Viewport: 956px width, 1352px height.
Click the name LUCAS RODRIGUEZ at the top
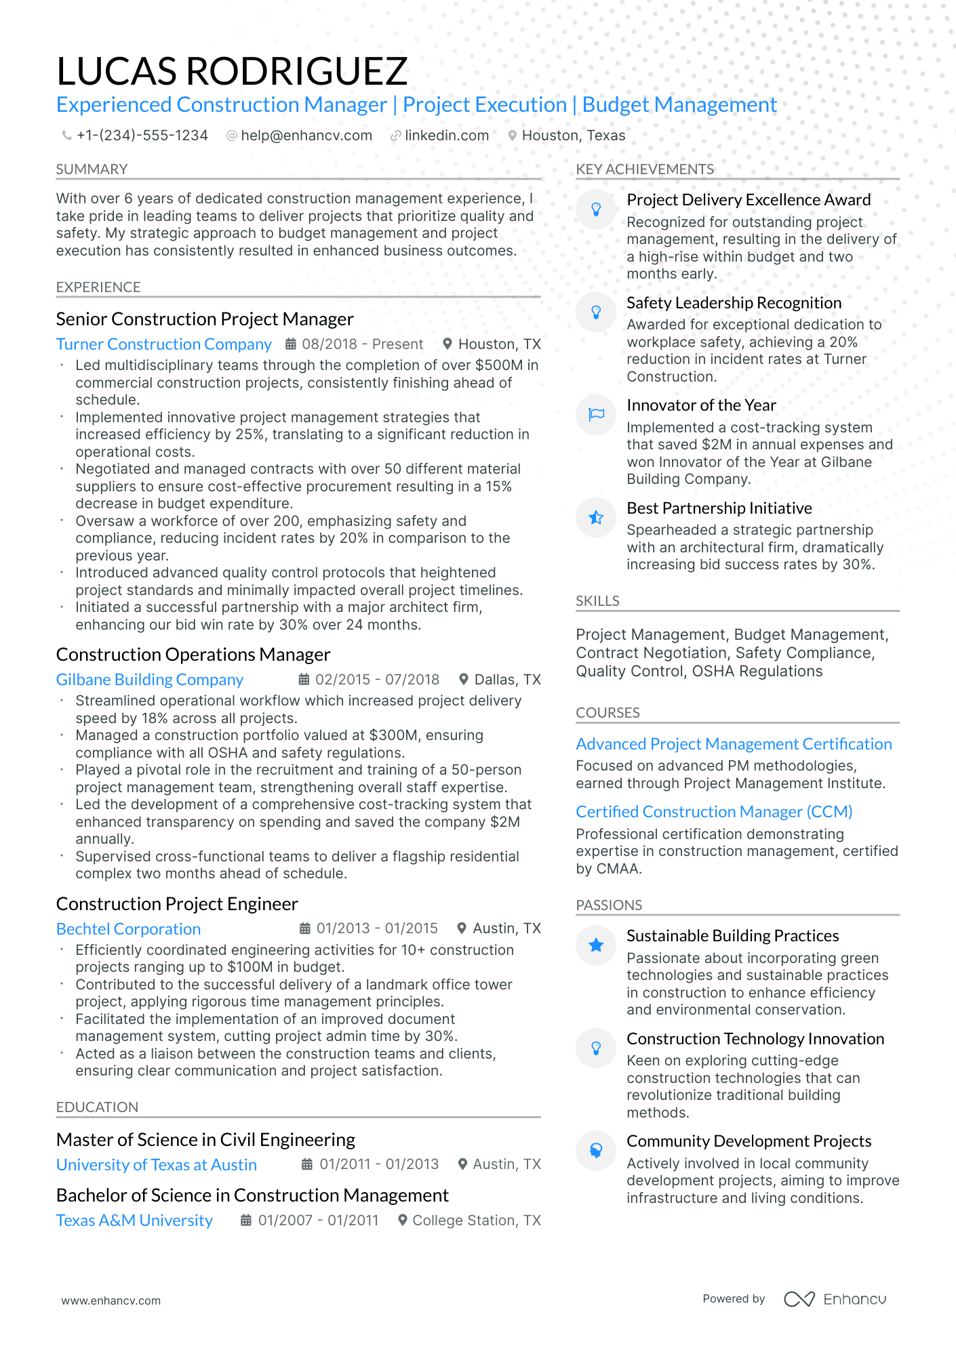pos(232,71)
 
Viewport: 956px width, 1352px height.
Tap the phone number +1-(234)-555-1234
pos(142,136)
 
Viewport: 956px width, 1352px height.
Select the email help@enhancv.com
pos(306,136)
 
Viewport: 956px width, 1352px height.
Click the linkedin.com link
pos(446,136)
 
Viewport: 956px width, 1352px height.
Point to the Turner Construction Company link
pos(163,344)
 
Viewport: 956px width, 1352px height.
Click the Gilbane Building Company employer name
pos(149,680)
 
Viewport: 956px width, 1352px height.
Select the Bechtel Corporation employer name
pos(128,929)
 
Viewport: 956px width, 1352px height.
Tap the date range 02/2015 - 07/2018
pos(377,680)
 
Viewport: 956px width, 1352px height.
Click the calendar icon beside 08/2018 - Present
pos(290,344)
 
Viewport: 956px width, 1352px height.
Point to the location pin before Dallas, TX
pos(464,680)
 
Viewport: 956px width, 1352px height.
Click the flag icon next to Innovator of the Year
pos(596,414)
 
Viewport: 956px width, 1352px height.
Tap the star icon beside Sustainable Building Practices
pos(596,945)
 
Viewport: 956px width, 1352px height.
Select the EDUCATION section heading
pos(97,1107)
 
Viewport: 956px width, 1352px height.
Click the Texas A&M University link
pos(134,1221)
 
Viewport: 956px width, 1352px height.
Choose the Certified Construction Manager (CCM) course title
pos(714,812)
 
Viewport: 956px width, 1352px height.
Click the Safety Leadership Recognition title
pos(734,303)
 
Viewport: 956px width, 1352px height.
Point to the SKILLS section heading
pos(597,601)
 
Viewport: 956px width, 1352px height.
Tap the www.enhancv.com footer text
pos(111,1300)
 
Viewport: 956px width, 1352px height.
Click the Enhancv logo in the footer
pos(835,1299)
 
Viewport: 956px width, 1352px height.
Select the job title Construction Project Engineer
pos(177,904)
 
